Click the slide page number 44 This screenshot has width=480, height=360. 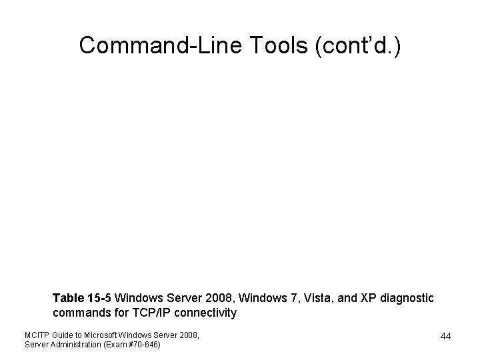445,336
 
